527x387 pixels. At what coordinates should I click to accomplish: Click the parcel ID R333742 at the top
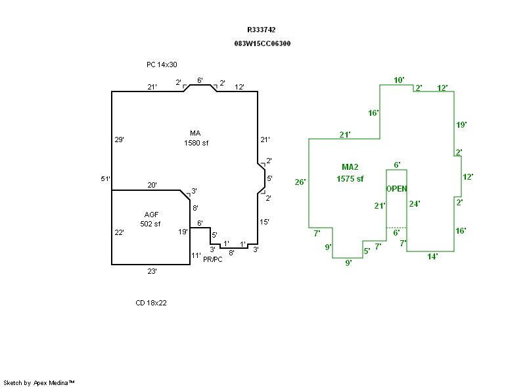261,30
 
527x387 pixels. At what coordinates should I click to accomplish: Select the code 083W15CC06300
262,43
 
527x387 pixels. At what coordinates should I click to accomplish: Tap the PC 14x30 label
162,64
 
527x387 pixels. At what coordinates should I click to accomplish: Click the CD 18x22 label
151,303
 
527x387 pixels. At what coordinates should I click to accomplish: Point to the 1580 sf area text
196,143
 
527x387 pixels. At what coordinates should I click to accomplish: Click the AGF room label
151,215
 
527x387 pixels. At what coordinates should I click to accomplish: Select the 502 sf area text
150,224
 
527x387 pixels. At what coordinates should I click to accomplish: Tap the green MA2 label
350,167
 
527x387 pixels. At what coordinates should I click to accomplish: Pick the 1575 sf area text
350,179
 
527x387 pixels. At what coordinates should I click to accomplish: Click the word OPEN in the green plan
397,189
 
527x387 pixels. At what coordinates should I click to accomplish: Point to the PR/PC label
212,259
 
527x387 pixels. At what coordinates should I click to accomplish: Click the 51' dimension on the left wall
106,179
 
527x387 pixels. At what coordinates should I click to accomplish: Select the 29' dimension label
120,140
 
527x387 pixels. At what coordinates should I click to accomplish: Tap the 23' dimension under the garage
152,271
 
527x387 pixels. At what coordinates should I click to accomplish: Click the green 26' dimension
300,182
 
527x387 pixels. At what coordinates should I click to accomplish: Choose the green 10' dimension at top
399,80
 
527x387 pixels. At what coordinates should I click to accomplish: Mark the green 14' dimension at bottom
432,257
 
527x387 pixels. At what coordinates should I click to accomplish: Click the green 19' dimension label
461,125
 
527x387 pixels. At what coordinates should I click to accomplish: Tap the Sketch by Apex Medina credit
39,382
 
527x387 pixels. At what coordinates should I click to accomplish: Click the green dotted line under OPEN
397,228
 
